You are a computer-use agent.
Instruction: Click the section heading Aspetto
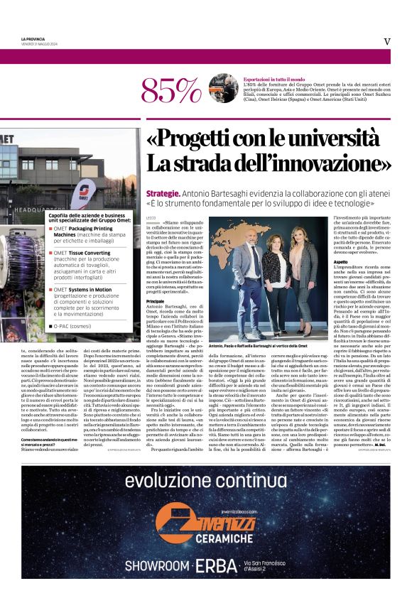(340, 262)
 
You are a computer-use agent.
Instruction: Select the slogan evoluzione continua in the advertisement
(205, 482)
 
